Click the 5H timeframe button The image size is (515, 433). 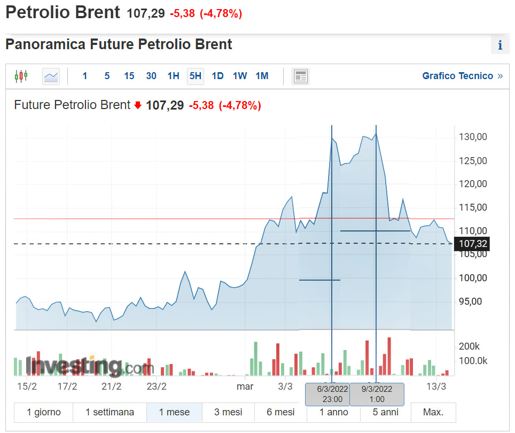click(196, 76)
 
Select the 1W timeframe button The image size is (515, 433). click(240, 76)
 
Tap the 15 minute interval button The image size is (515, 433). click(129, 76)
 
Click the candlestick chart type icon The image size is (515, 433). click(21, 76)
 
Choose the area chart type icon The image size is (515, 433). click(51, 76)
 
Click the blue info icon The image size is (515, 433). click(500, 45)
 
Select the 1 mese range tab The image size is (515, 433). click(174, 412)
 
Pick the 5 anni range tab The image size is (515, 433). click(385, 412)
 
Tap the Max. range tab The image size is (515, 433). click(433, 412)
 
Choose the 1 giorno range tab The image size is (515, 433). click(44, 412)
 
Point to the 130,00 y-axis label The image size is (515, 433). click(473, 137)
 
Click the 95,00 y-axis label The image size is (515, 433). click(471, 301)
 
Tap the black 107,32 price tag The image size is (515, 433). click(472, 244)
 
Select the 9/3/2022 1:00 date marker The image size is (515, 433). click(376, 394)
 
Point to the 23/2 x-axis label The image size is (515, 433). click(157, 386)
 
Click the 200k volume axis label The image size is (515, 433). click(470, 346)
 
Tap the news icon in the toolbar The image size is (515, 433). click(301, 76)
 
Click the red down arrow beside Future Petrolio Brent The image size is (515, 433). click(138, 105)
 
